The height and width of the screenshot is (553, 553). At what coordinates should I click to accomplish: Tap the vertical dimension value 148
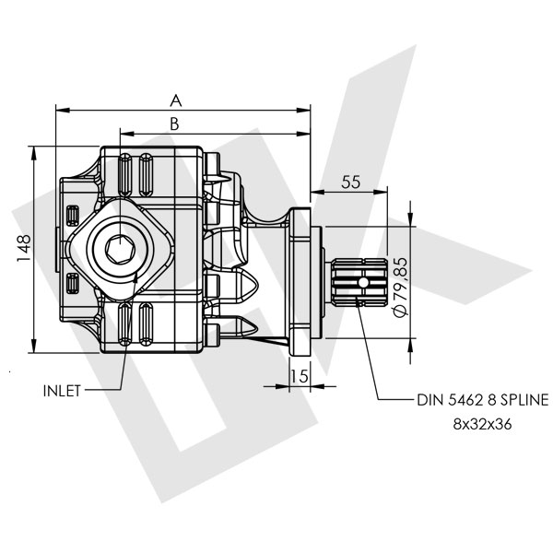pos(25,248)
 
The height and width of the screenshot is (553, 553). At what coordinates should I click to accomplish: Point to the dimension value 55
pos(349,182)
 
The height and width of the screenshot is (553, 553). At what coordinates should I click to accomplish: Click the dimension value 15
pos(298,376)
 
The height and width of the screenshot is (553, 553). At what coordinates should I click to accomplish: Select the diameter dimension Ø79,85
pos(400,287)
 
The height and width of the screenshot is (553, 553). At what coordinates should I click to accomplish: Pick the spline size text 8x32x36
pos(482,425)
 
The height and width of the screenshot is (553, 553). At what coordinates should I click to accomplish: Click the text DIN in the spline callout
pos(429,401)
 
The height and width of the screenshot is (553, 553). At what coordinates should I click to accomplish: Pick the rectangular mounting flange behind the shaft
pos(301,276)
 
